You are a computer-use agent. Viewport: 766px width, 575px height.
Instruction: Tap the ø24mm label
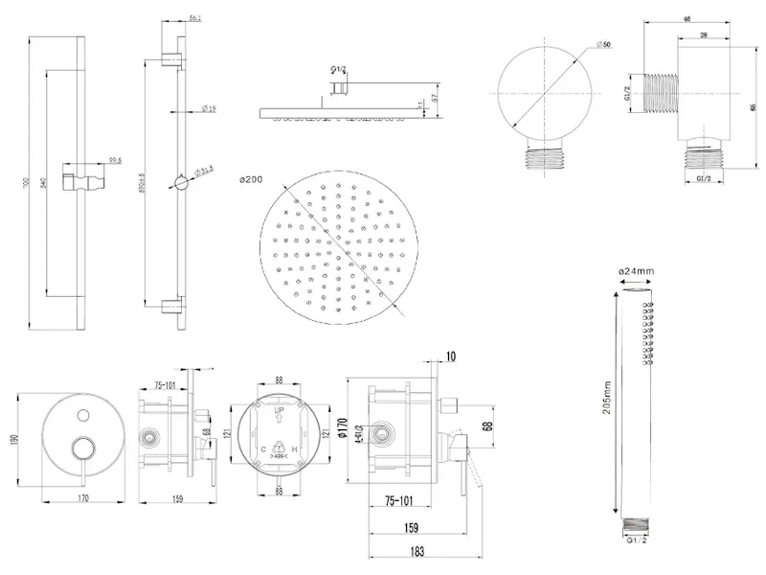tap(637, 271)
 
